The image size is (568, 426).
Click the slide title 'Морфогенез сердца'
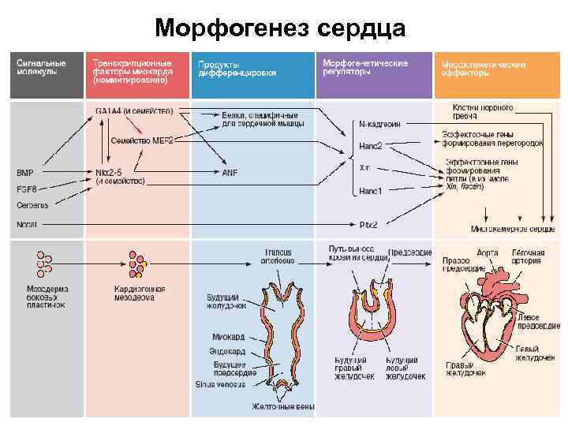(280, 29)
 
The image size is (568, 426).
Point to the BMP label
(25, 172)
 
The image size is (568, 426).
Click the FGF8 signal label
(28, 189)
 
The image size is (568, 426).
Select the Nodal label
(27, 224)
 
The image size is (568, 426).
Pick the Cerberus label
(32, 205)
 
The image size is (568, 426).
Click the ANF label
(230, 172)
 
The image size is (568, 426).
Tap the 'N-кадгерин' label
(379, 125)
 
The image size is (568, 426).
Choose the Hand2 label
(370, 146)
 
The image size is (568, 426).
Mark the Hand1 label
(370, 191)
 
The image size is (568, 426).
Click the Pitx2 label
(368, 225)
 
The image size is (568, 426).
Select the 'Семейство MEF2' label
(142, 140)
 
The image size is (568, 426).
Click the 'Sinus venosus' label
(220, 385)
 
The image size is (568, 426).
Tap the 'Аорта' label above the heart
(488, 253)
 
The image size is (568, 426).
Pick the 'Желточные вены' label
(283, 407)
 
